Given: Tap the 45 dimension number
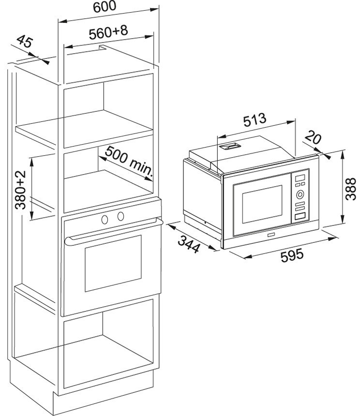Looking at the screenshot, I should click(x=24, y=42).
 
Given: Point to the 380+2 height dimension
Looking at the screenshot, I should click(x=20, y=189).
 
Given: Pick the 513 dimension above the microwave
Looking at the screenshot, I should click(x=255, y=120).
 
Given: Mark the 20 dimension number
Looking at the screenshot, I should click(x=314, y=138).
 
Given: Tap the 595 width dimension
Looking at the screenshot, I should click(x=292, y=254).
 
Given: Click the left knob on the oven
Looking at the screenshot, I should click(x=105, y=219).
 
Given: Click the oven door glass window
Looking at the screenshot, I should click(x=113, y=263).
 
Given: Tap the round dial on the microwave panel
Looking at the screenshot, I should click(x=300, y=195).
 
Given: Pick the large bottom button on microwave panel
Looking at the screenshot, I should click(x=300, y=217).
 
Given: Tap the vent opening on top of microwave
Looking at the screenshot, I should click(x=229, y=146).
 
